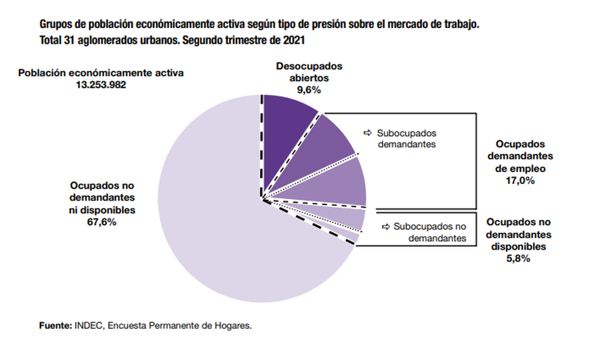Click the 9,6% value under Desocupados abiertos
click(309, 88)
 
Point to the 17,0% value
click(520, 180)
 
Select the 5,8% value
click(519, 258)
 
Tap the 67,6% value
click(102, 222)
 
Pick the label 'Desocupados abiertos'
click(309, 71)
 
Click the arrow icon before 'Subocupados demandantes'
click(367, 132)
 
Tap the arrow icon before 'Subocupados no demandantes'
click(385, 226)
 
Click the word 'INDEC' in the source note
click(88, 326)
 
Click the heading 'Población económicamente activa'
click(100, 72)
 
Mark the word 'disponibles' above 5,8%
click(519, 246)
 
